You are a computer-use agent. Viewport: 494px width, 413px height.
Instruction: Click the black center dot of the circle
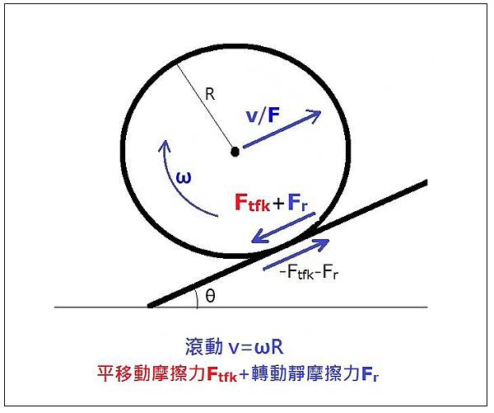point(235,152)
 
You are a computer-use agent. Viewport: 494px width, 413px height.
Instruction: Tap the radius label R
point(210,94)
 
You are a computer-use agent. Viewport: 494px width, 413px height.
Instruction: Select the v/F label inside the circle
point(263,115)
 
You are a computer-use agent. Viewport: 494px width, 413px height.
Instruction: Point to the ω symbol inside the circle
point(184,177)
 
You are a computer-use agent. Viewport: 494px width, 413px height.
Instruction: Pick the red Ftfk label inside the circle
point(253,203)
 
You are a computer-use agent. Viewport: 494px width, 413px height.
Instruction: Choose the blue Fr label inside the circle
point(297,203)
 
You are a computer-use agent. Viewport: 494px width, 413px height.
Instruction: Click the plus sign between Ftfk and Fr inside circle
point(279,204)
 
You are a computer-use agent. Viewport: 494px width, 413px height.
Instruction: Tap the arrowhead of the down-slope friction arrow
point(259,237)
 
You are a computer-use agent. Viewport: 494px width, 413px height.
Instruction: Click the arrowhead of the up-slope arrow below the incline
point(322,243)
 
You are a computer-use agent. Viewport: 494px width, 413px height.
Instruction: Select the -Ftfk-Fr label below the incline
point(309,272)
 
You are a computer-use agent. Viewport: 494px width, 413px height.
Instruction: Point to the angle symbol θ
point(210,296)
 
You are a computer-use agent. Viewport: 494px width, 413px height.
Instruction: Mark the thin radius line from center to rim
point(205,107)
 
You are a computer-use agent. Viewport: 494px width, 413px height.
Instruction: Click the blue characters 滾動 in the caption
point(204,347)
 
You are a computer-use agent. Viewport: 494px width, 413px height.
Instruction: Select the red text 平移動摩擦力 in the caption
point(151,374)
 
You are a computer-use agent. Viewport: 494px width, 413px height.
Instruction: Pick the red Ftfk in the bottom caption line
point(221,374)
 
